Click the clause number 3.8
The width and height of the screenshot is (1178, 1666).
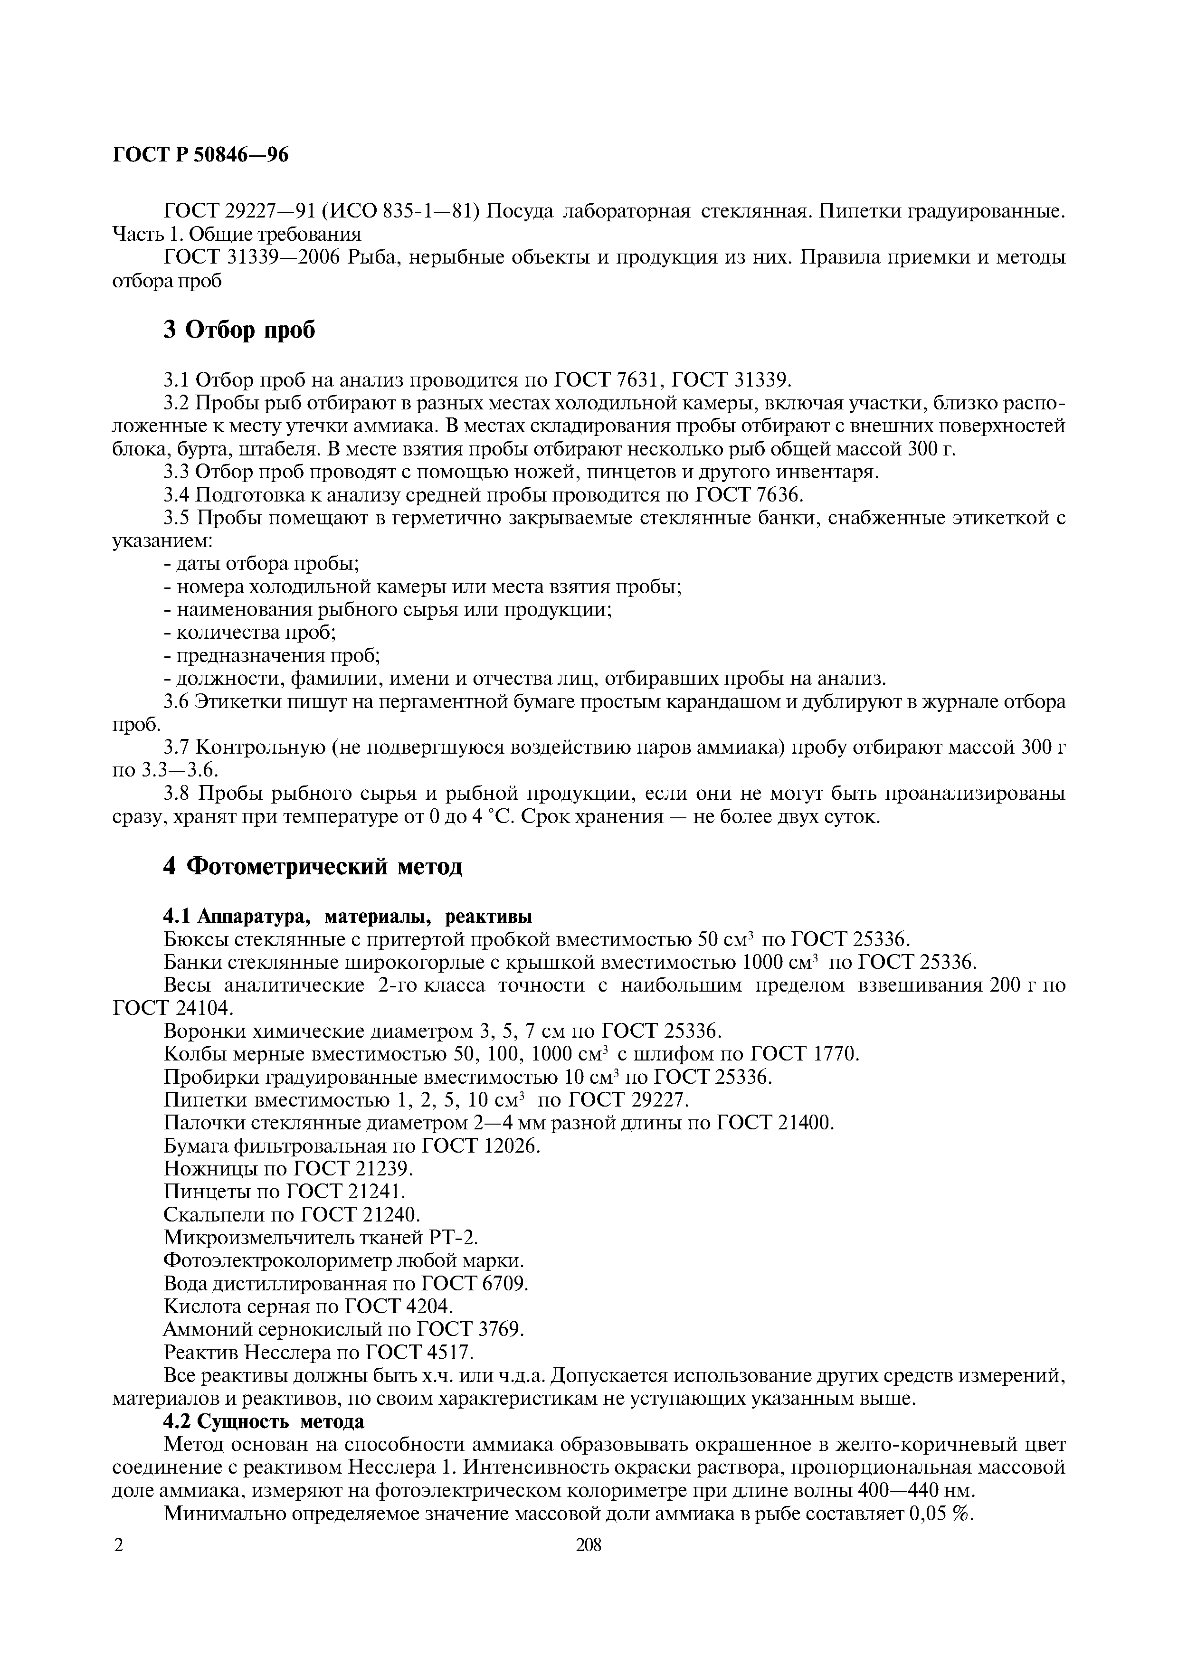click(179, 794)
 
